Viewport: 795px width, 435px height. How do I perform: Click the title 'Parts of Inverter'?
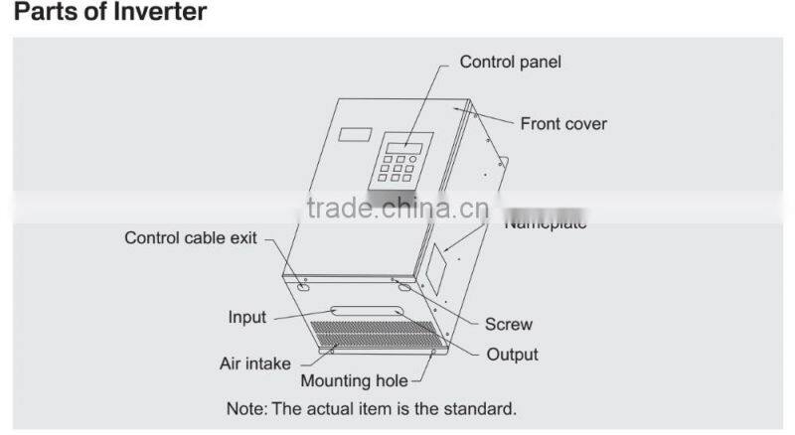coord(110,14)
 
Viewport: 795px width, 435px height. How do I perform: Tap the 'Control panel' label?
coord(510,62)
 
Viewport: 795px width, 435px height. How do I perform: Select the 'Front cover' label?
coord(563,124)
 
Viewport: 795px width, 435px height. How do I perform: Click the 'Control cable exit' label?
coord(191,238)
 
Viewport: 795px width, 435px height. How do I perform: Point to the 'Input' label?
coord(247,318)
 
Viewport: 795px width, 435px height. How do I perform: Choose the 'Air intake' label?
coord(254,362)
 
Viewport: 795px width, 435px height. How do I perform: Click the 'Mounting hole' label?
coord(354,380)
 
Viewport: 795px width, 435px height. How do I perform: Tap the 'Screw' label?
coord(508,324)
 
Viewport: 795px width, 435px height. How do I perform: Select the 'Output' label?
coord(512,355)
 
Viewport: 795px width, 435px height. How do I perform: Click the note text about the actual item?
coord(372,408)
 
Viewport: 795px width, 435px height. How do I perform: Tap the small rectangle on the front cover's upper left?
coord(354,133)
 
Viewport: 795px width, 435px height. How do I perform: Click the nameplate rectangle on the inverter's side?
coord(437,261)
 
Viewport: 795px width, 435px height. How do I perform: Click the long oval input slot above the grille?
coord(368,311)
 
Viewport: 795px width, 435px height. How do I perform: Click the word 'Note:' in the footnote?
coord(245,408)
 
